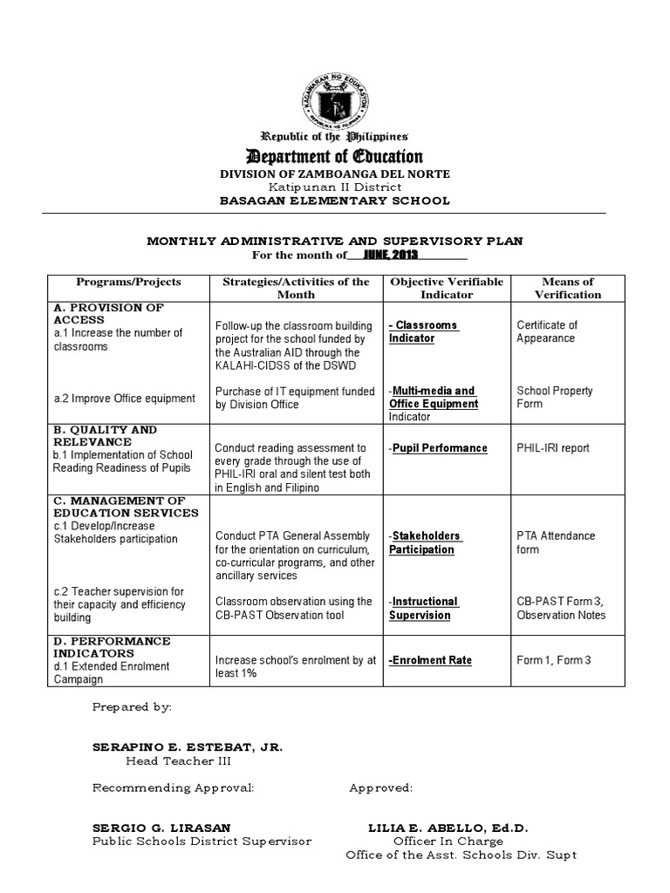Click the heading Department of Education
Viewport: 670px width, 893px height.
335,157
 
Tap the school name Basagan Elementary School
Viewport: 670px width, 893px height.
334,201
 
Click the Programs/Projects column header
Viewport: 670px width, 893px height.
128,282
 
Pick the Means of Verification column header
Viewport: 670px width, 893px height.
568,288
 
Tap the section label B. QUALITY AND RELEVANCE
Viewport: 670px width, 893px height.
105,435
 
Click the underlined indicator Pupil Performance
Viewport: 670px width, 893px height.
440,448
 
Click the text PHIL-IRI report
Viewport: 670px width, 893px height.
553,448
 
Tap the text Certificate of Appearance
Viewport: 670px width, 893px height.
547,331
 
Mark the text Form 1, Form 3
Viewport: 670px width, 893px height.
554,660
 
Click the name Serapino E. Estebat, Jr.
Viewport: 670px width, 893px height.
188,747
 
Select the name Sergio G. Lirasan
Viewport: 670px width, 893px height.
162,827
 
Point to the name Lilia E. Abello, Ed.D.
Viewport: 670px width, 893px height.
448,827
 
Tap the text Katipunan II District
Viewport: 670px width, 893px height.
334,187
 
